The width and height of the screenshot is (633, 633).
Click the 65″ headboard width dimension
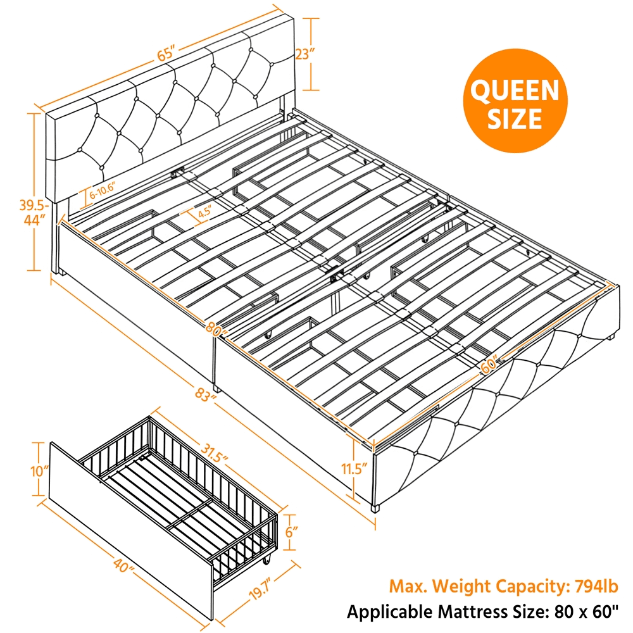click(x=165, y=54)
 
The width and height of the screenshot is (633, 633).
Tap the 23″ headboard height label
click(x=304, y=54)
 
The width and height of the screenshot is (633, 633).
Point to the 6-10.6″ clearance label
click(x=103, y=191)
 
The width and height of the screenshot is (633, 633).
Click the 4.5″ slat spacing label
click(x=204, y=212)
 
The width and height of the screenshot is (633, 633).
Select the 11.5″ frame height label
click(x=354, y=469)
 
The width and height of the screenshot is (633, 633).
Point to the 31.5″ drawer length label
click(x=214, y=452)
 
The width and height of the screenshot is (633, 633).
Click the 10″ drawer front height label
click(x=40, y=470)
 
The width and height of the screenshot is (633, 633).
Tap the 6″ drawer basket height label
click(x=291, y=532)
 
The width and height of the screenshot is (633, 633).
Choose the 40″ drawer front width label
click(x=123, y=566)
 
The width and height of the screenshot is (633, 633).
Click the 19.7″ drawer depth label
click(x=259, y=590)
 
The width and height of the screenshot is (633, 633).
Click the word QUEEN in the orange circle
click(x=515, y=91)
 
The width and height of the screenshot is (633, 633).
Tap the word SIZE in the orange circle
click(x=515, y=118)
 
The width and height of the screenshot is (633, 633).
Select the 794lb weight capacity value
click(x=597, y=586)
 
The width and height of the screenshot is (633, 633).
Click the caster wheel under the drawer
click(x=266, y=560)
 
